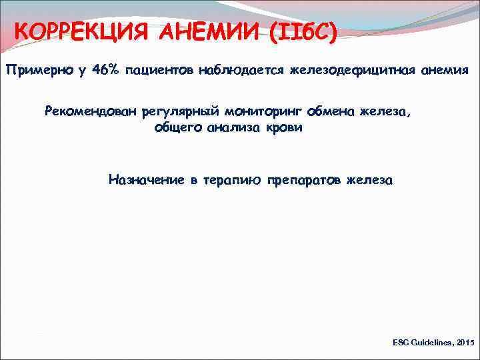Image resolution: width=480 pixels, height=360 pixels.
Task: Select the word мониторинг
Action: [265, 112]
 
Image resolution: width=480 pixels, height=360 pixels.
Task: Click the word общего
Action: [180, 127]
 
